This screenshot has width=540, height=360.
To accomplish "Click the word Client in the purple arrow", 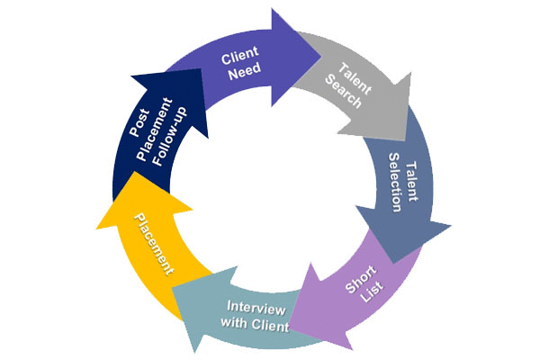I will [x=241, y=60].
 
